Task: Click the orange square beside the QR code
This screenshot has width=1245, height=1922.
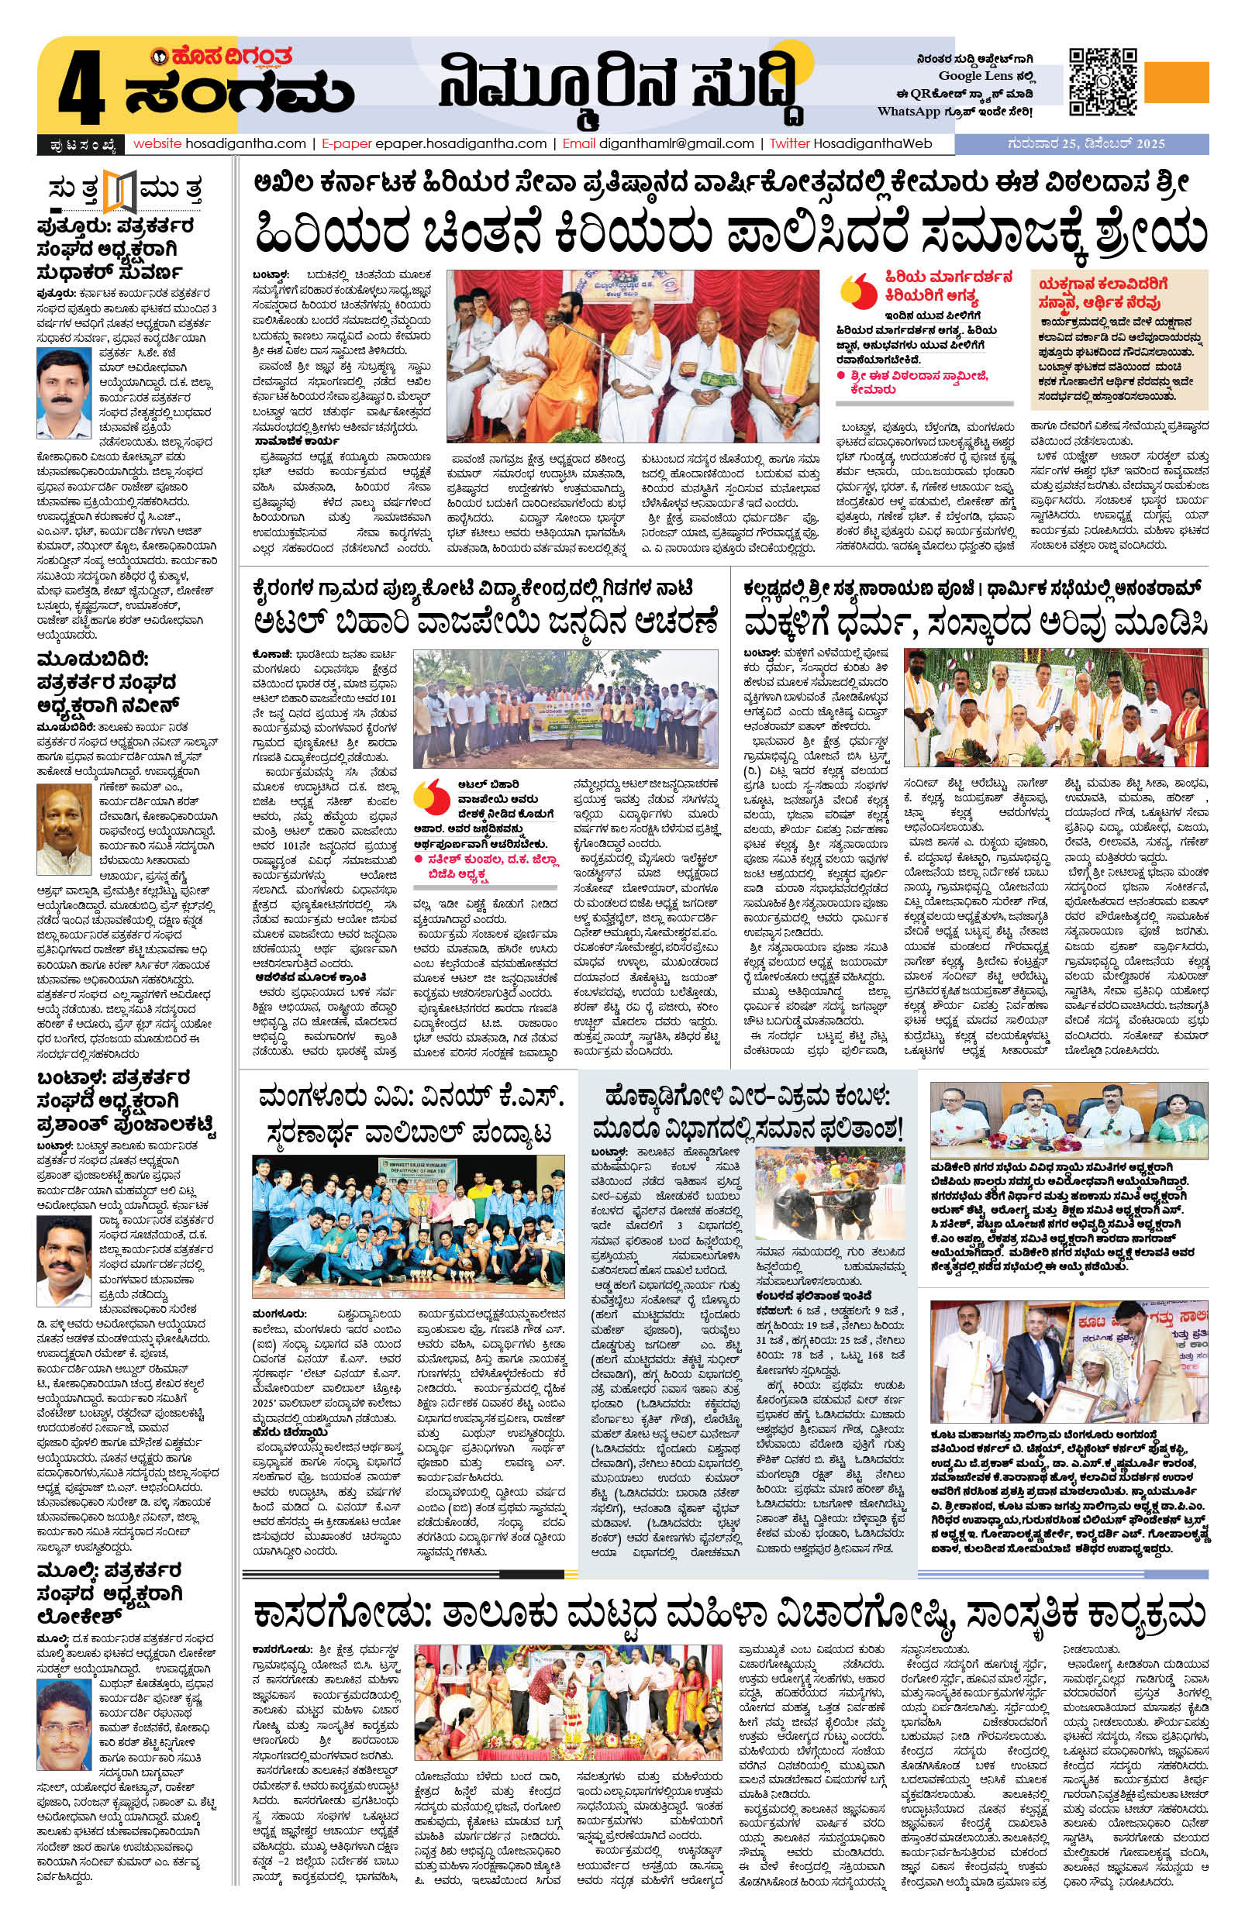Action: tap(1176, 81)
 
